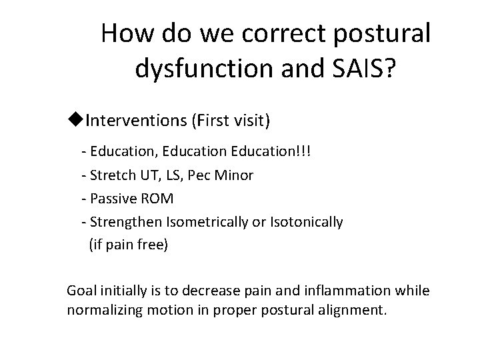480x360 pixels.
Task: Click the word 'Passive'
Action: [111, 199]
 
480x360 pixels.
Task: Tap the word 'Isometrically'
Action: [202, 222]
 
